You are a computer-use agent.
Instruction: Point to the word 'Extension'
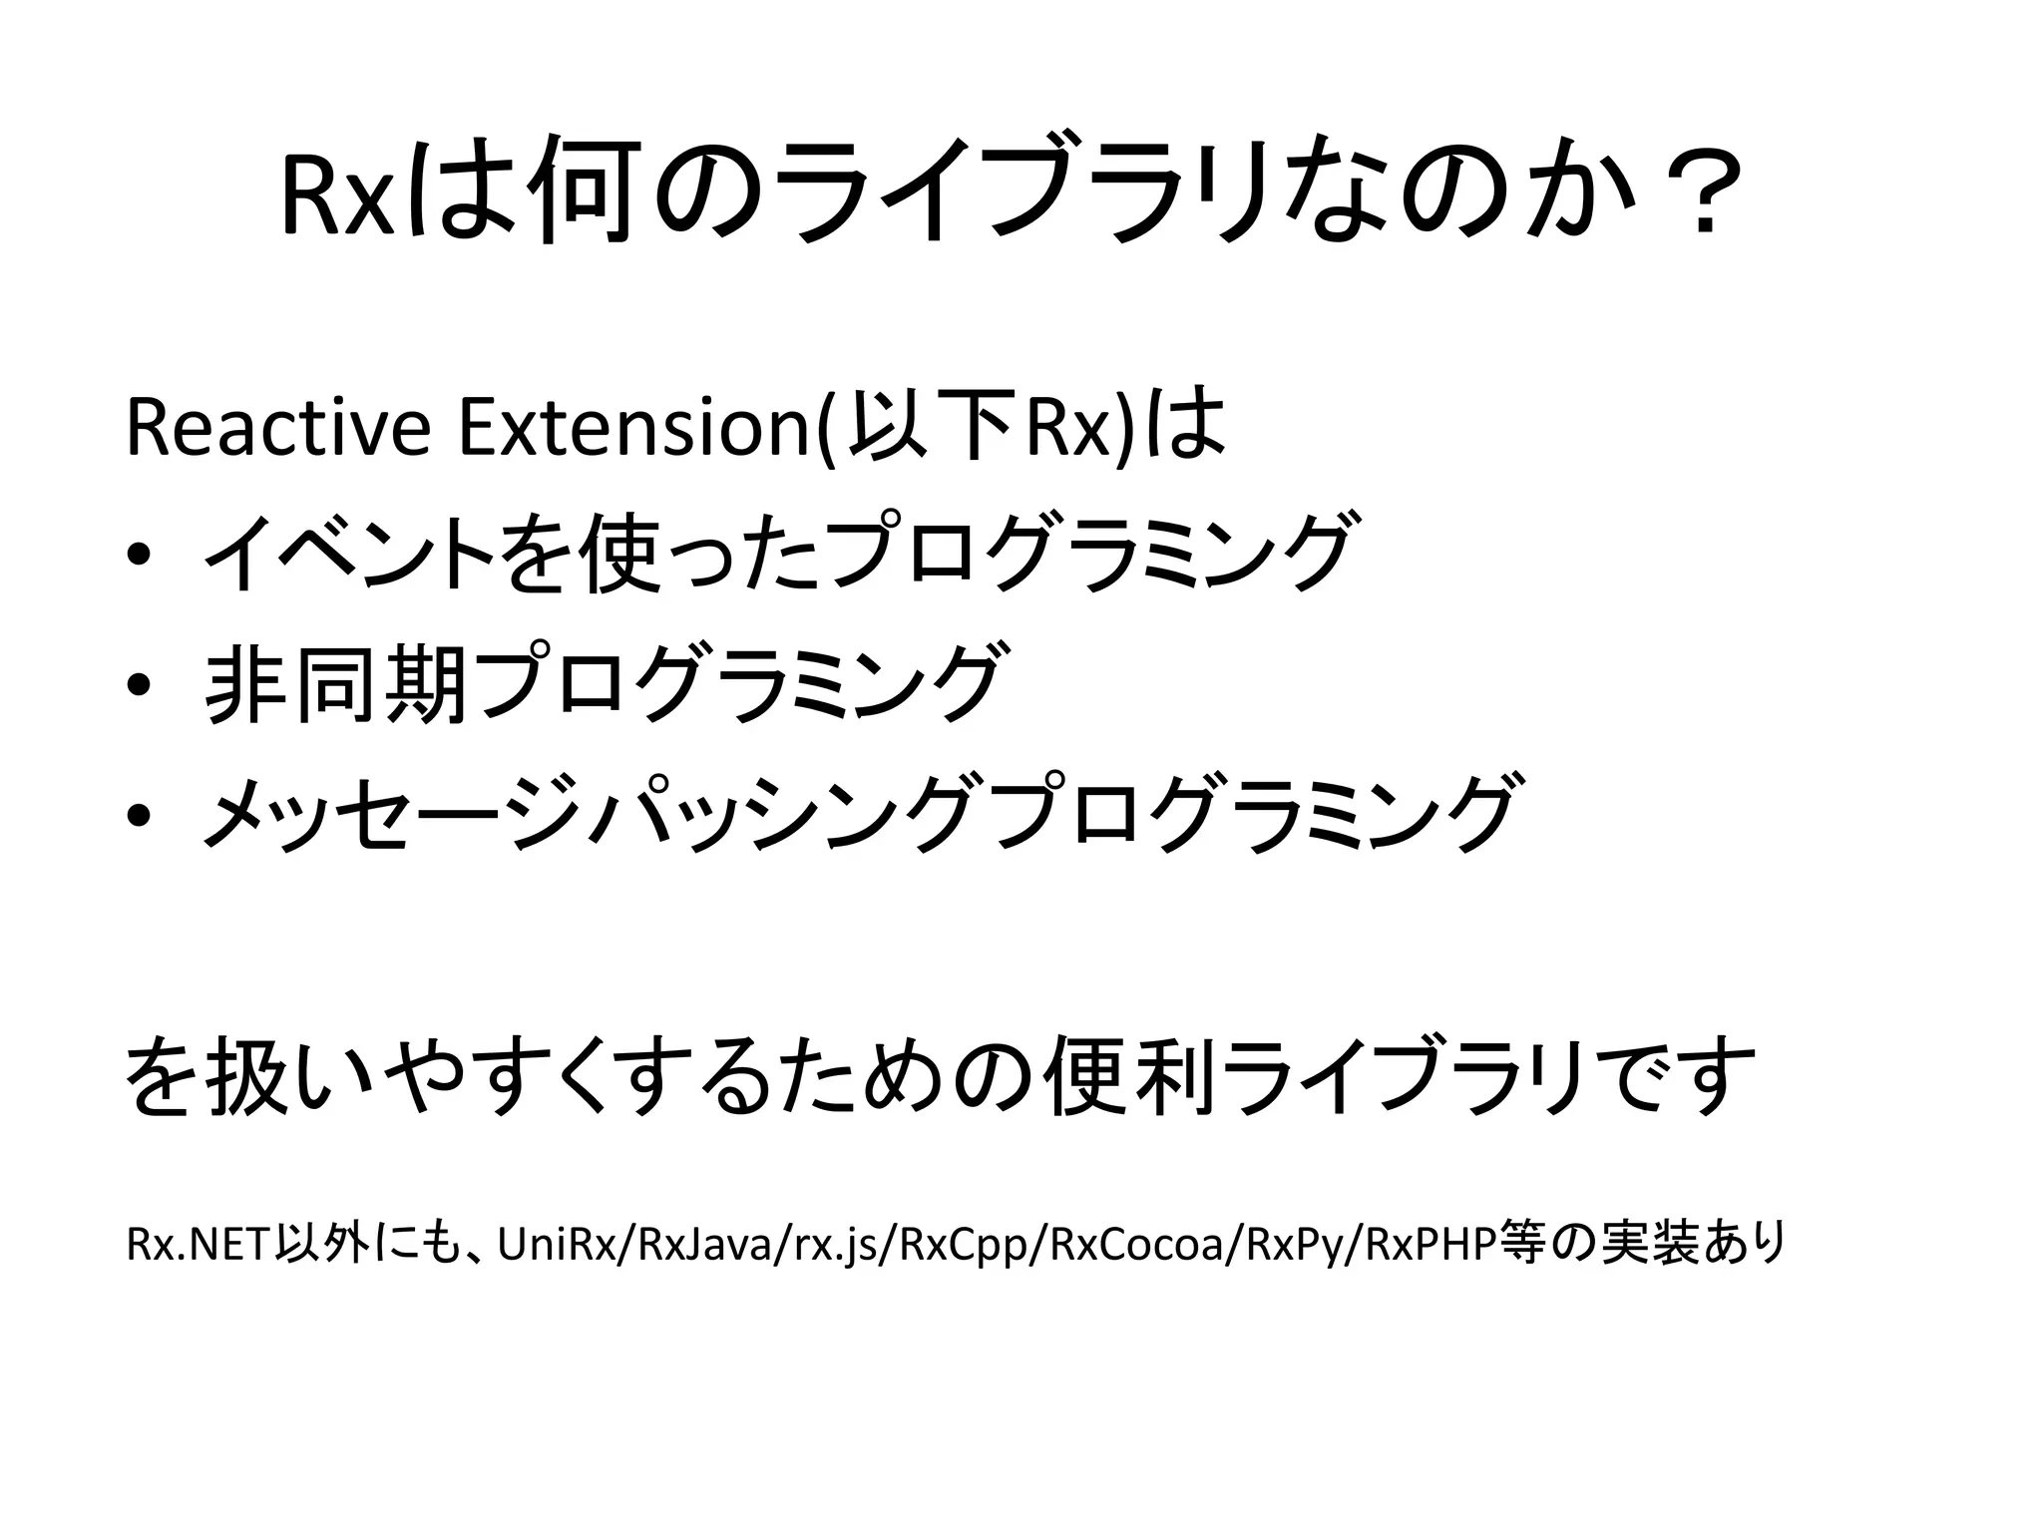tap(634, 428)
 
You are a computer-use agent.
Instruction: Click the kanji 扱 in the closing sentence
tap(244, 1077)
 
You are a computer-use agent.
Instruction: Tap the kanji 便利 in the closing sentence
tap(1128, 1077)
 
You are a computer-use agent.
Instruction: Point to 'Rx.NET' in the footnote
tap(200, 1244)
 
